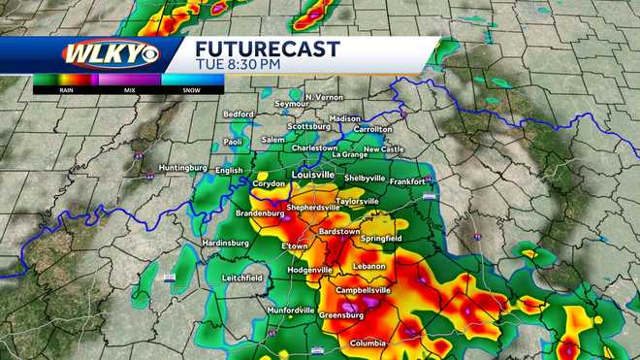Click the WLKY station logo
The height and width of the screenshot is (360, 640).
tap(98, 53)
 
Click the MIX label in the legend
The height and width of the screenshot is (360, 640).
tap(129, 89)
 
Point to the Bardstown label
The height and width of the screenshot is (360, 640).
tap(339, 232)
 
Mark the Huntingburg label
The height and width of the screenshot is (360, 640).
tap(183, 167)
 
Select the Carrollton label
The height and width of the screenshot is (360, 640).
tap(372, 129)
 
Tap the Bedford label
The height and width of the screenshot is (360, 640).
tap(239, 114)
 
